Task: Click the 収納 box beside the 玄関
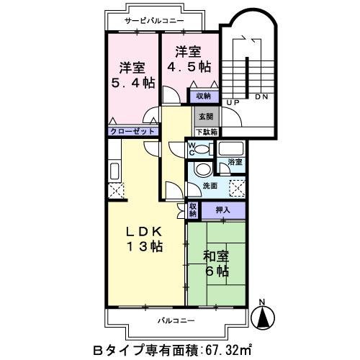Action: click(x=203, y=96)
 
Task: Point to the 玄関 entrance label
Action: click(x=204, y=117)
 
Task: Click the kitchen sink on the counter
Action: click(x=115, y=171)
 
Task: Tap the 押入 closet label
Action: click(x=222, y=210)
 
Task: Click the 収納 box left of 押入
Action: click(x=193, y=210)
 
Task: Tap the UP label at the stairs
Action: click(x=233, y=104)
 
